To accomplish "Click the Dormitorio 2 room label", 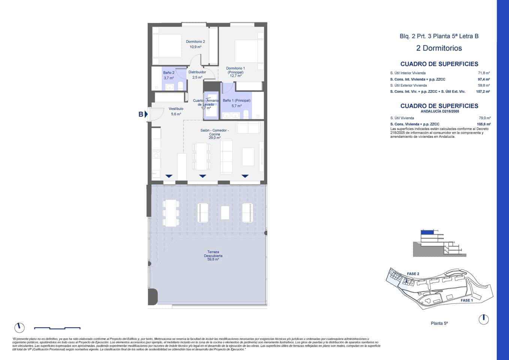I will (195, 42).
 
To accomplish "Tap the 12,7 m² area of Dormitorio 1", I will (235, 76).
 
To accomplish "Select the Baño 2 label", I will (169, 73).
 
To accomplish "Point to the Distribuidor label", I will (197, 72).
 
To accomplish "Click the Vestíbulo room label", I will (176, 109).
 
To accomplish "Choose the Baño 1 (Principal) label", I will (237, 100).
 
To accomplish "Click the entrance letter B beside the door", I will (141, 114).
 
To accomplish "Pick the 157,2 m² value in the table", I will (483, 91).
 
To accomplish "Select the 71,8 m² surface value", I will (484, 73).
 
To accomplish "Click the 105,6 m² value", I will (484, 124).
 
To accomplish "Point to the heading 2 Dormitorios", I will (439, 48).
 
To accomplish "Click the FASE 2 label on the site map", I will (413, 274).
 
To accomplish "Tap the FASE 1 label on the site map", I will (466, 300).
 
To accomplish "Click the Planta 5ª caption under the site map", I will (439, 323).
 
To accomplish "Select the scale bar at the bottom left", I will (57, 328).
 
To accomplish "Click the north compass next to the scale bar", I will (19, 327).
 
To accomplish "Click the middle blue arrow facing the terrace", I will (202, 176).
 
